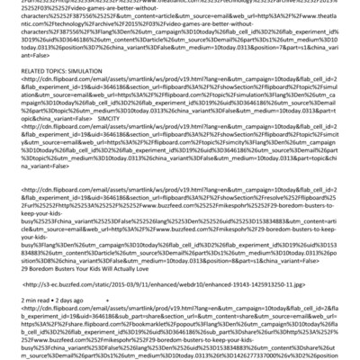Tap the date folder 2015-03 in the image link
click(112, 283)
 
